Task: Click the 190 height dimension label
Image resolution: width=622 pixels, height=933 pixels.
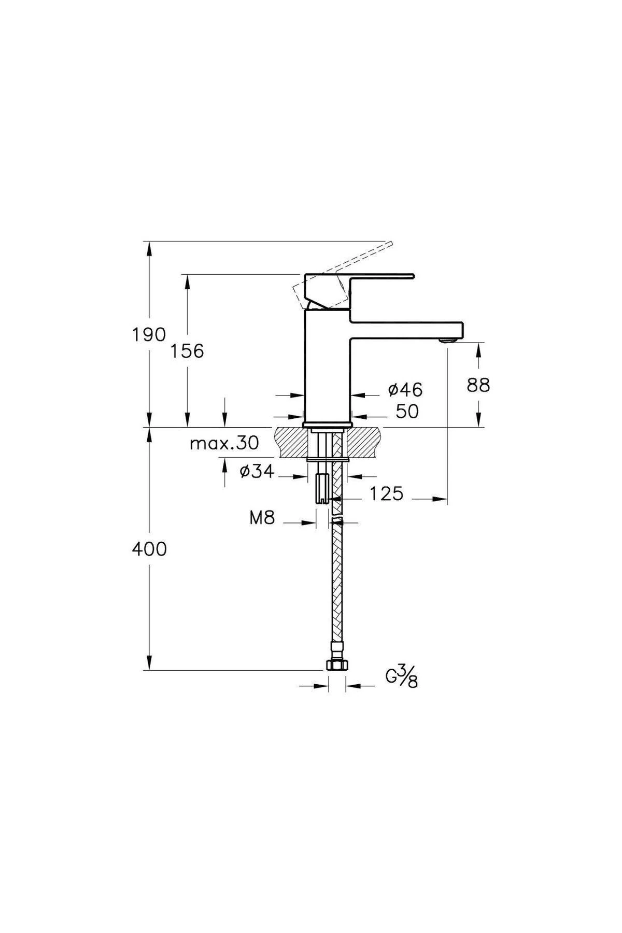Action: (148, 335)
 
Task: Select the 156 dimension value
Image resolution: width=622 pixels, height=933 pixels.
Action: (187, 351)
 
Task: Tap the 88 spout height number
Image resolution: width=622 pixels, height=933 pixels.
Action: (478, 385)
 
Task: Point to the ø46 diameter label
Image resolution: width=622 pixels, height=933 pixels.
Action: (405, 389)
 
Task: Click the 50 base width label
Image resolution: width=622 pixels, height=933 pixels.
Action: (407, 412)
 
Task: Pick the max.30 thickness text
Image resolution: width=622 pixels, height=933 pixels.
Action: (224, 443)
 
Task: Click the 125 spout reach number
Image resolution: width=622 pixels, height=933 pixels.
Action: (386, 494)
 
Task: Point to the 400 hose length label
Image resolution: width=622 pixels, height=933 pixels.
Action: (149, 549)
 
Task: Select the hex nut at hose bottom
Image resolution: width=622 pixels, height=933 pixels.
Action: (336, 666)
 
